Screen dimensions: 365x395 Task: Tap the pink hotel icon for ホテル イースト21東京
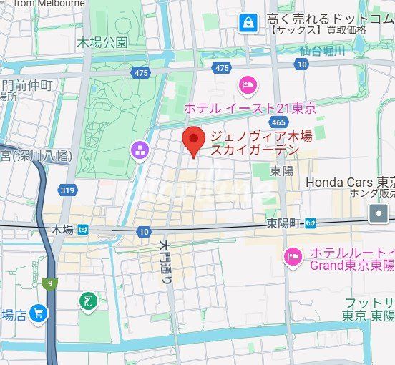(x=248, y=85)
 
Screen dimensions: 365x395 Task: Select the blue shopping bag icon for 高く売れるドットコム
(x=248, y=23)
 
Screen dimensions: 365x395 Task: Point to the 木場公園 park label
(x=103, y=42)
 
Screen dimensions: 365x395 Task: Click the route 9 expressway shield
(x=50, y=283)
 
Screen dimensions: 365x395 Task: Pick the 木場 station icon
(x=84, y=230)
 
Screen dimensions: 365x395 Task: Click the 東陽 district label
(x=282, y=171)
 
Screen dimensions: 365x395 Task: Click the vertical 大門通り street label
(x=165, y=263)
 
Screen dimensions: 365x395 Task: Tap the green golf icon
(x=89, y=301)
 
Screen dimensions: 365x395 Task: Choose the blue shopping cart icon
(x=39, y=313)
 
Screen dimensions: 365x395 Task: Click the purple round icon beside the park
(x=139, y=150)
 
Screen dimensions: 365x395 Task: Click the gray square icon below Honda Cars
(x=378, y=213)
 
